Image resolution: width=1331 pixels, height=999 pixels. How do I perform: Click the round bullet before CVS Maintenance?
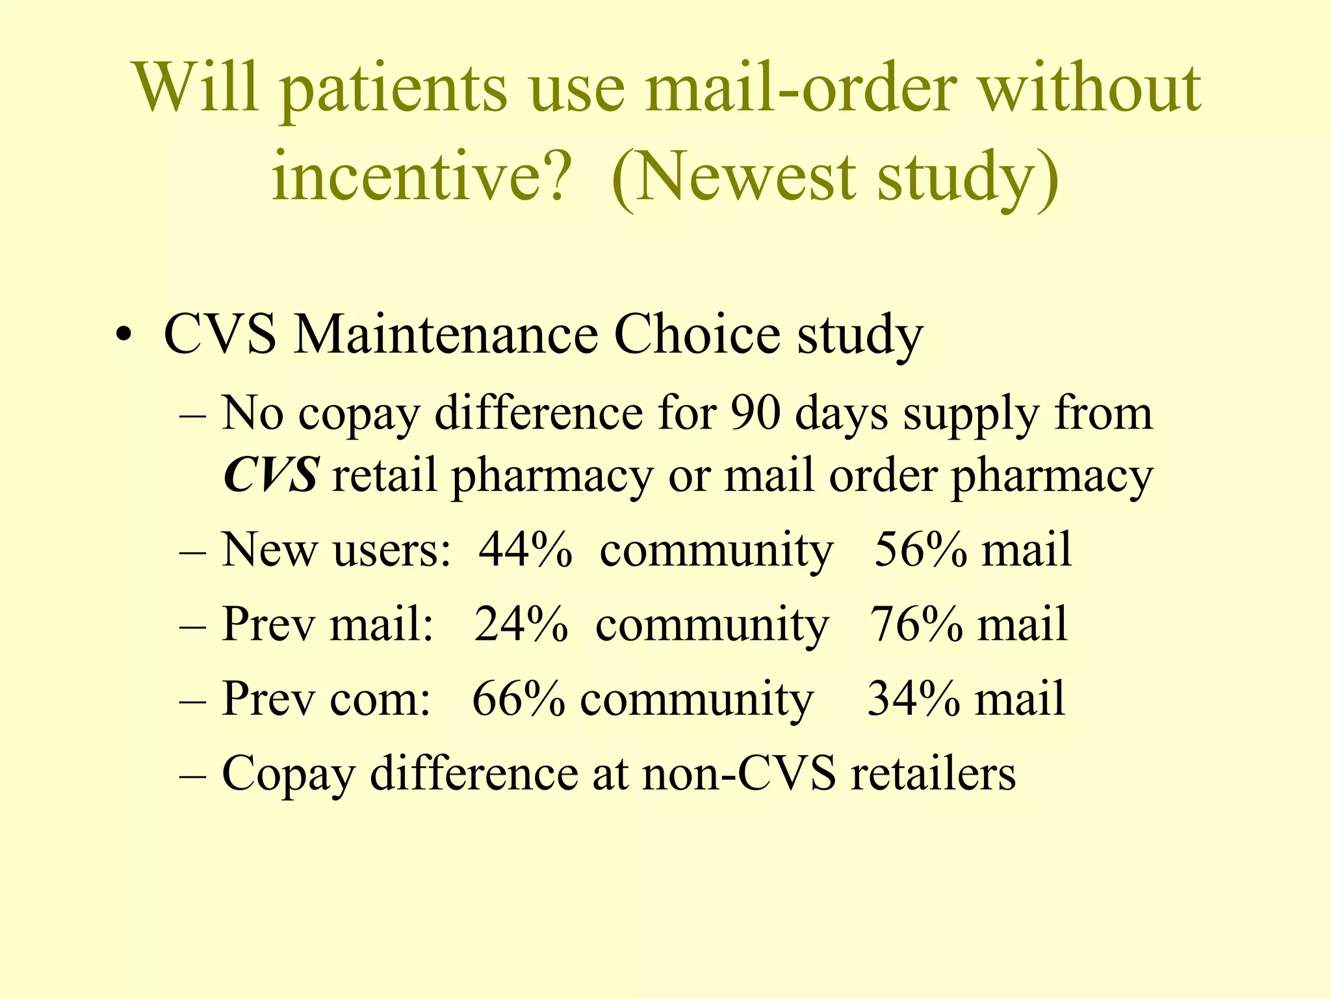(x=123, y=337)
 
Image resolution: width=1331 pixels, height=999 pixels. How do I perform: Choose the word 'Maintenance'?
(x=445, y=334)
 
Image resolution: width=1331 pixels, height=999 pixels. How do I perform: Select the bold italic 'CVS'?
(x=270, y=475)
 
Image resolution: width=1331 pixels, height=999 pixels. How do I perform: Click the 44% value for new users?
(x=525, y=550)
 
